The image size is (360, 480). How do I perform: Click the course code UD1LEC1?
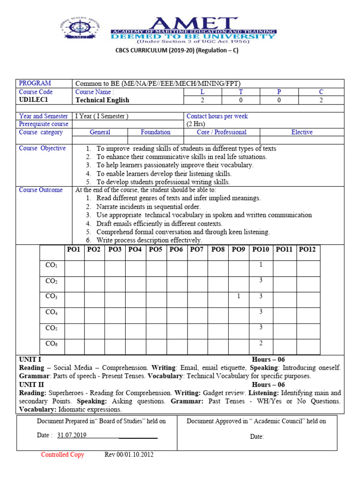pyautogui.click(x=33, y=100)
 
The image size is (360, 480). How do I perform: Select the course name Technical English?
pyautogui.click(x=102, y=100)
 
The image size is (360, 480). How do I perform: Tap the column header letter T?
pyautogui.click(x=241, y=92)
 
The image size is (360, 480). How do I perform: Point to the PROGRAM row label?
pyautogui.click(x=35, y=83)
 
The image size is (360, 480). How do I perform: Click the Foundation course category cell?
pyautogui.click(x=156, y=132)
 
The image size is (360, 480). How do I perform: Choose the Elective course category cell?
pyautogui.click(x=302, y=132)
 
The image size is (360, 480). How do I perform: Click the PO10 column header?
pyautogui.click(x=261, y=249)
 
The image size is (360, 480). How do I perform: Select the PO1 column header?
pyautogui.click(x=74, y=249)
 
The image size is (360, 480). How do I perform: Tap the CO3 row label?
pyautogui.click(x=51, y=296)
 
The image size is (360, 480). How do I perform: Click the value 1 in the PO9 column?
pyautogui.click(x=239, y=296)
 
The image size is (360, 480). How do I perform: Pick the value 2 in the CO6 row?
pyautogui.click(x=261, y=343)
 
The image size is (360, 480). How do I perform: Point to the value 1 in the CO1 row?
pyautogui.click(x=261, y=265)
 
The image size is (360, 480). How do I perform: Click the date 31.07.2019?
pyautogui.click(x=72, y=435)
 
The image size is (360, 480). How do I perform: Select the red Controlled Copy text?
pyautogui.click(x=62, y=455)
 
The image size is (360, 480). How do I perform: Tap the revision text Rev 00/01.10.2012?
pyautogui.click(x=129, y=455)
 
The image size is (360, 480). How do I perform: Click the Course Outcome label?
pyautogui.click(x=41, y=190)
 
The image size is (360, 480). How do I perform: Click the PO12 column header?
pyautogui.click(x=307, y=249)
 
